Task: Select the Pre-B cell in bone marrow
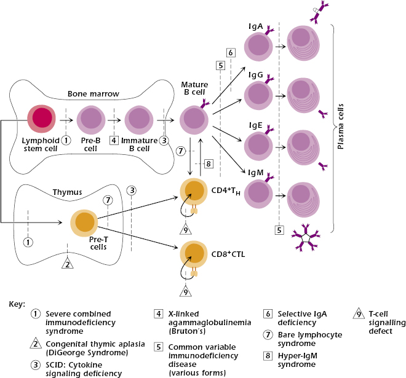90,118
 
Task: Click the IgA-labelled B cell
259,47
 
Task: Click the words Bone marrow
94,95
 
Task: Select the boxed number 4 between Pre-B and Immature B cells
114,140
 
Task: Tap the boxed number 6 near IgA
230,52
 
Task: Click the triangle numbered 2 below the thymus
68,264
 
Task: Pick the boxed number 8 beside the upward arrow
208,163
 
